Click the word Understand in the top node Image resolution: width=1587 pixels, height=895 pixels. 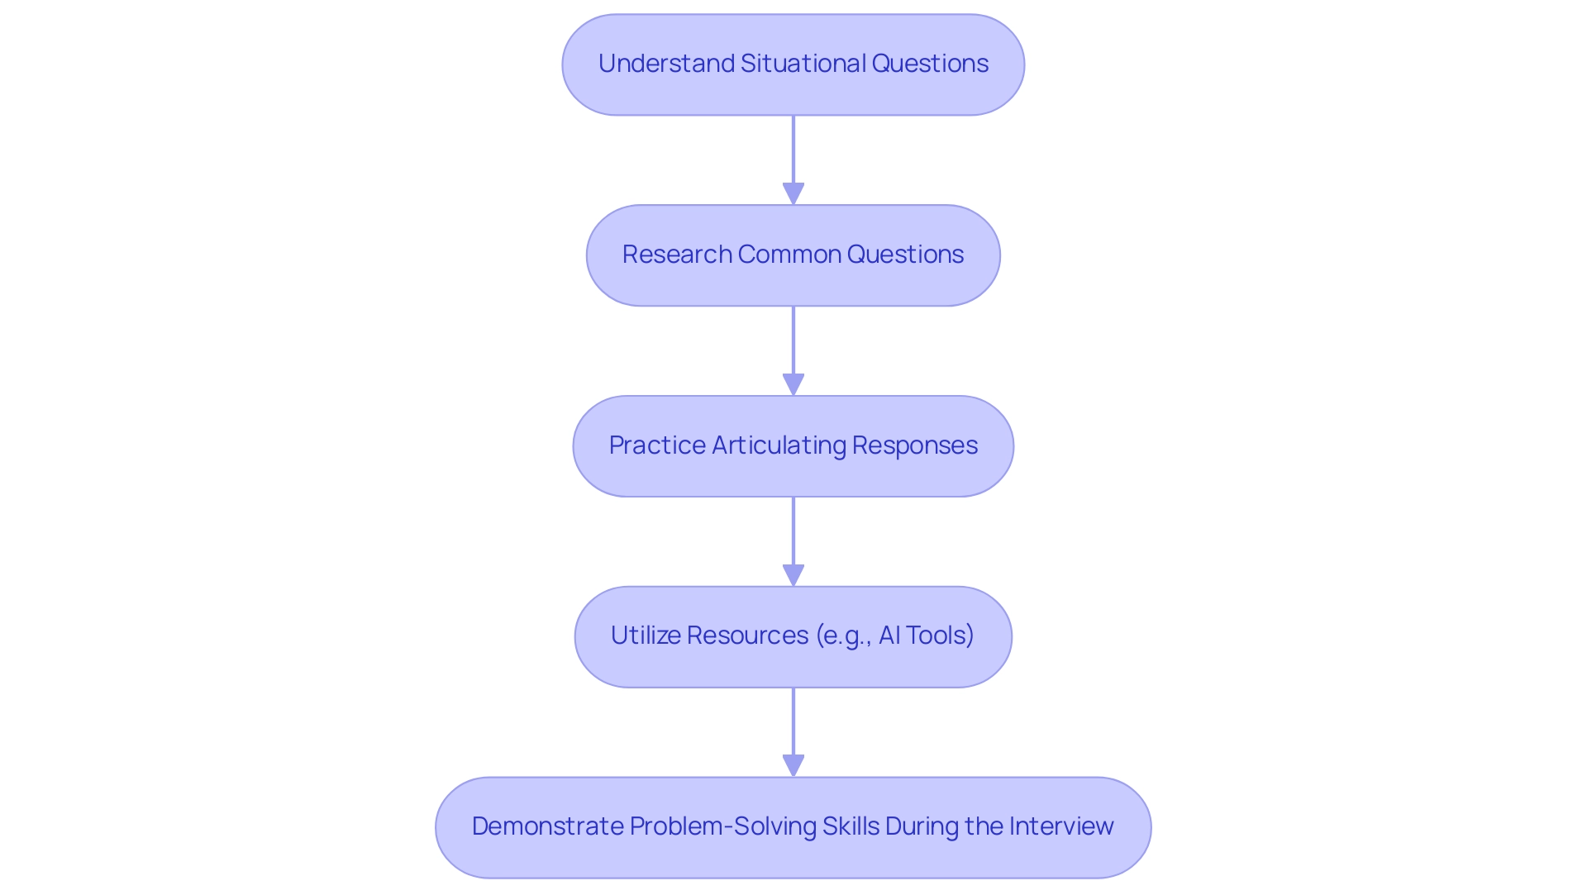coord(666,64)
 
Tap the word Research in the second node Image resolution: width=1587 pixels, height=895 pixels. coord(677,255)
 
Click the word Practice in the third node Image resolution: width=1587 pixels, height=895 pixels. coord(657,445)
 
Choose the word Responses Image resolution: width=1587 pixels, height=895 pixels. coord(914,445)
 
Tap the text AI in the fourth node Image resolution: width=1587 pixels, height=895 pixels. coord(889,636)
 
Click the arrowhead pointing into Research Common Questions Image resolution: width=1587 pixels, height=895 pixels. coord(793,193)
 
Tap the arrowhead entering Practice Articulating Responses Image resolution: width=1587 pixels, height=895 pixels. coord(793,384)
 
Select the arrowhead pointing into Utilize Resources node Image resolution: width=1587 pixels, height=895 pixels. coord(793,575)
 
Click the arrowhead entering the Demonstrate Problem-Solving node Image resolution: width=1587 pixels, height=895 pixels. coord(793,765)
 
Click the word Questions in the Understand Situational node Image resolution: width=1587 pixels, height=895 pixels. coord(929,64)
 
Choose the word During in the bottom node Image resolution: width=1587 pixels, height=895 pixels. coord(922,826)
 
